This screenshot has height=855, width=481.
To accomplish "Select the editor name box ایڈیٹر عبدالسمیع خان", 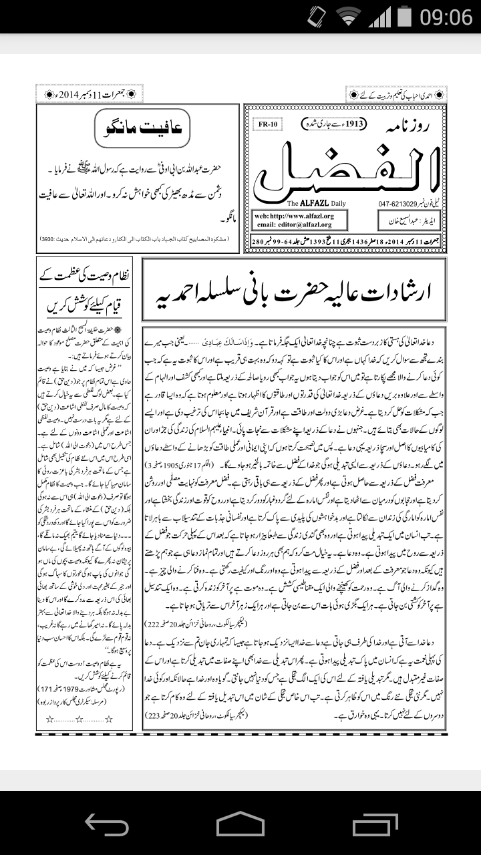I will pos(408,220).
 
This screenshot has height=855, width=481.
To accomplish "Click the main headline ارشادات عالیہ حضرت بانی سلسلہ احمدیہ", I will pos(295,291).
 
